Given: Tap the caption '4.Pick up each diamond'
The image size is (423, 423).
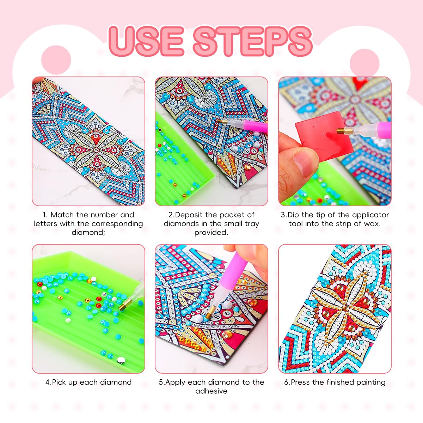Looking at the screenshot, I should click(x=88, y=382).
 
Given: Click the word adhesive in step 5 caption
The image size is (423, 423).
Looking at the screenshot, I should click(x=211, y=391).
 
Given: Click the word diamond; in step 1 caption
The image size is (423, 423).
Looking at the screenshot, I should click(x=88, y=232).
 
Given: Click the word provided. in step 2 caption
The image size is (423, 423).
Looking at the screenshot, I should click(x=211, y=232).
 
